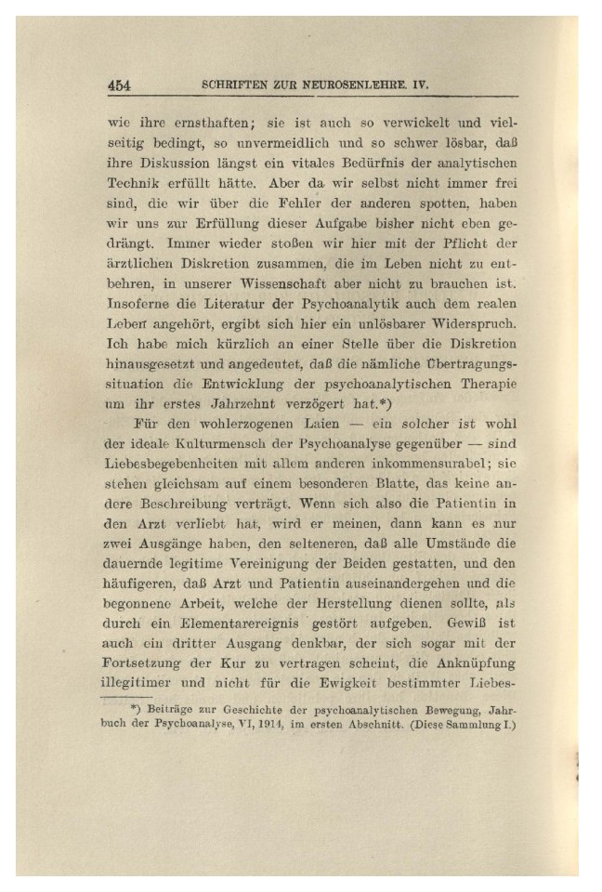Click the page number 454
coord(119,85)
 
